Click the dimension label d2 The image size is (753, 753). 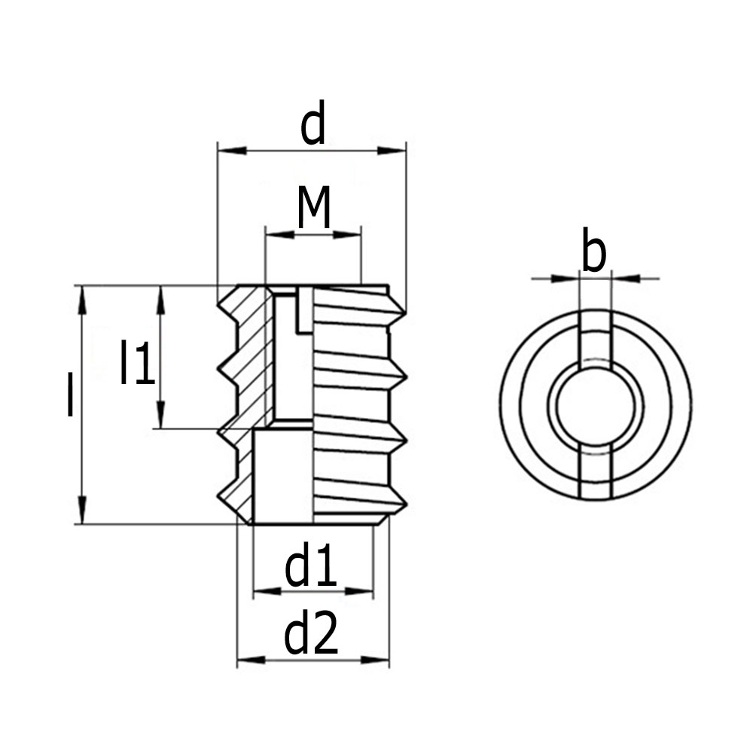click(311, 636)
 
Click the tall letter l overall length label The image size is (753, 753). click(70, 395)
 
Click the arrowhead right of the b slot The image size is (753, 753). click(626, 279)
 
